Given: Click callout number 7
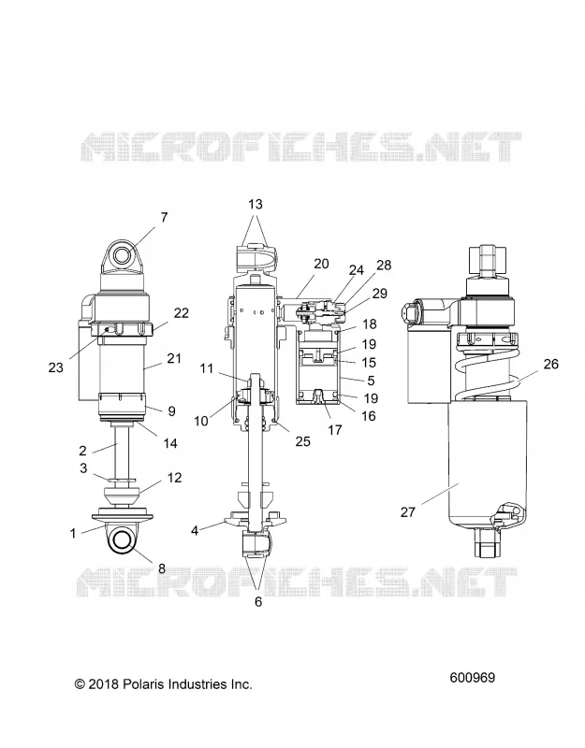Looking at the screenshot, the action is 165,218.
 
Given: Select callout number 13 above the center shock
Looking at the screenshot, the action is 256,204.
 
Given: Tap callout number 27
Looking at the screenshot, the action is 408,512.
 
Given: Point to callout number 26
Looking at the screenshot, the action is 551,364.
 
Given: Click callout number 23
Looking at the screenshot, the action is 56,367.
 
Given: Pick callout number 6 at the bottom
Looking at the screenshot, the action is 258,602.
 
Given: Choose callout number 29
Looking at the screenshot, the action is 380,294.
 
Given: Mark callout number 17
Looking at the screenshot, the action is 335,430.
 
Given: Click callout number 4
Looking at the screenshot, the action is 195,530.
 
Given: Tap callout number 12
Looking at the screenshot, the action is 175,478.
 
